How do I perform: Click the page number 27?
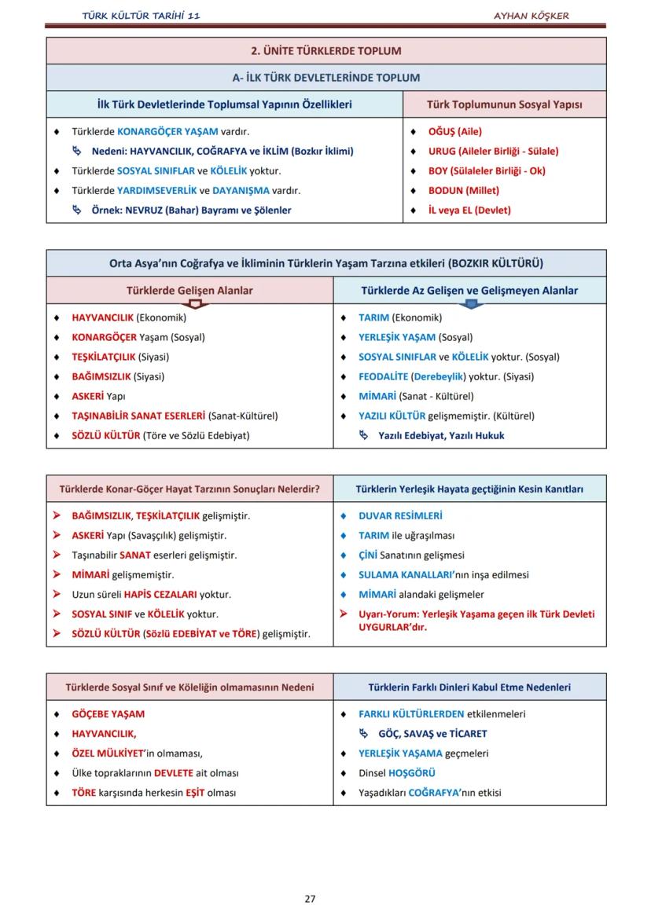click(x=310, y=899)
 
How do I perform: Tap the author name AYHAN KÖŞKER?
click(x=531, y=16)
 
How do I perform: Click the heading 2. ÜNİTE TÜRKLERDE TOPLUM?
click(x=325, y=51)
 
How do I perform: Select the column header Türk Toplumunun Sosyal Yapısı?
click(x=504, y=104)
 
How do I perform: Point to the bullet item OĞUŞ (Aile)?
click(x=454, y=132)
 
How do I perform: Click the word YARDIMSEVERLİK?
click(x=156, y=191)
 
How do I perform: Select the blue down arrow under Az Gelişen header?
click(x=471, y=303)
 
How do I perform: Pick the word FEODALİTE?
click(x=383, y=377)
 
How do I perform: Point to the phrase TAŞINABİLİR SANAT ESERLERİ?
click(x=138, y=416)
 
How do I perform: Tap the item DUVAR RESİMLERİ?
click(x=399, y=516)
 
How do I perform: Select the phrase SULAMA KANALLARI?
click(x=408, y=575)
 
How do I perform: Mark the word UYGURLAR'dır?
click(x=392, y=627)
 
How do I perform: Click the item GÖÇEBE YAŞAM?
click(x=108, y=715)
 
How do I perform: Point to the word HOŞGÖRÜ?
click(x=412, y=773)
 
